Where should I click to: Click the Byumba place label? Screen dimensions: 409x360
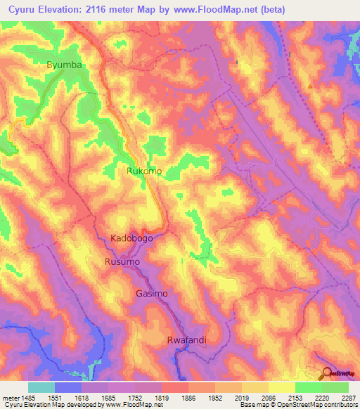tap(65, 65)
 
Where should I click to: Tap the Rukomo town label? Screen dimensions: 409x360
tap(144, 171)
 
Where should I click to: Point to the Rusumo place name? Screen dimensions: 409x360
tap(122, 261)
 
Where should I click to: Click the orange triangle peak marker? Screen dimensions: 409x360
tap(310, 86)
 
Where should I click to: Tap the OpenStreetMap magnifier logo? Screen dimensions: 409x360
tap(327, 374)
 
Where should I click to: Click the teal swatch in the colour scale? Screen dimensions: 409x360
tap(41, 387)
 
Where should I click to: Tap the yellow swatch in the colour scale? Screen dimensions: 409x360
tap(281, 387)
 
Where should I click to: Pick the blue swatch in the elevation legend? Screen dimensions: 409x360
tap(67, 387)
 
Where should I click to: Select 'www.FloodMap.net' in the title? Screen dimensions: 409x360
tap(255, 9)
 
